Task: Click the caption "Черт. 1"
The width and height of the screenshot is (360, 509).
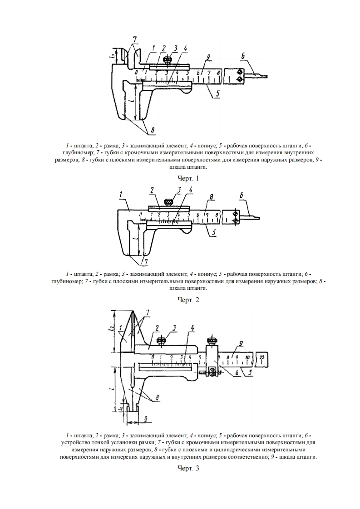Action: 188,178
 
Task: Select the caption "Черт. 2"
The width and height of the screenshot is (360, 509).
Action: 188,299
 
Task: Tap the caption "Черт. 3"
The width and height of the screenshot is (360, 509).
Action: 188,468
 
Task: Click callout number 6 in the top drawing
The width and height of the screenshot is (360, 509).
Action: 243,56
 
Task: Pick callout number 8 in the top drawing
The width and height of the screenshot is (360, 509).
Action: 153,131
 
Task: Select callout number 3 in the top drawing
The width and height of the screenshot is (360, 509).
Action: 175,48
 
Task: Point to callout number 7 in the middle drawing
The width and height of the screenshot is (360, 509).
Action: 145,262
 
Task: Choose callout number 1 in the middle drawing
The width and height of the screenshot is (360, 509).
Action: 121,195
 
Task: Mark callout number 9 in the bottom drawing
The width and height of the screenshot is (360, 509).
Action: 241,344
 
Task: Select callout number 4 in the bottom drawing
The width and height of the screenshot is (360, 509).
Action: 192,328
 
